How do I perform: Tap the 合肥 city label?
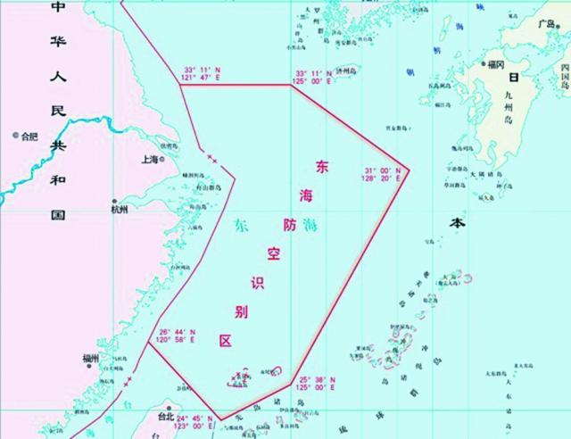click(30, 137)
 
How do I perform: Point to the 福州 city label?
click(90, 359)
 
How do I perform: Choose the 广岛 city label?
click(547, 24)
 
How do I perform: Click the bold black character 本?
click(458, 226)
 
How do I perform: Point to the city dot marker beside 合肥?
click(15, 137)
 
